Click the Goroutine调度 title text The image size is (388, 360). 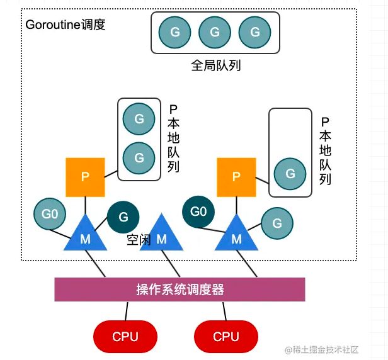(x=66, y=25)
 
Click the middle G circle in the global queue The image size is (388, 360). (x=214, y=31)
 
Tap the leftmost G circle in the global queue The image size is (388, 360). (x=174, y=31)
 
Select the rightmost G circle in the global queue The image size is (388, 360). (x=254, y=31)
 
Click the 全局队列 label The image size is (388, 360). (x=215, y=65)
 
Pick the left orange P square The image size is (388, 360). (x=85, y=177)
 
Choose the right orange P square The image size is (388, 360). (x=236, y=177)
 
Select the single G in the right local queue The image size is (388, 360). (x=290, y=173)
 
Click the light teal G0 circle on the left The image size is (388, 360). (x=50, y=213)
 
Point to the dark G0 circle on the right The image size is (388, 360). (x=198, y=211)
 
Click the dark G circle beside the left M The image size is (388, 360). (x=123, y=217)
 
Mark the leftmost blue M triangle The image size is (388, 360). (x=85, y=234)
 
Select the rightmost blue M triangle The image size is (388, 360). (x=236, y=234)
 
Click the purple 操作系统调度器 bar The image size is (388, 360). (x=180, y=290)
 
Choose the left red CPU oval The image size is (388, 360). (x=125, y=336)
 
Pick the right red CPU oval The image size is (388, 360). (x=225, y=336)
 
